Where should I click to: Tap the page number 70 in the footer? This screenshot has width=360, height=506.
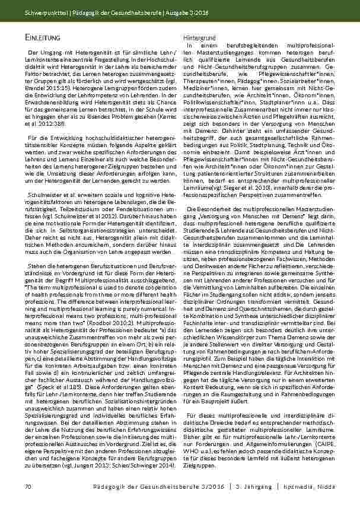coord(27,487)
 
